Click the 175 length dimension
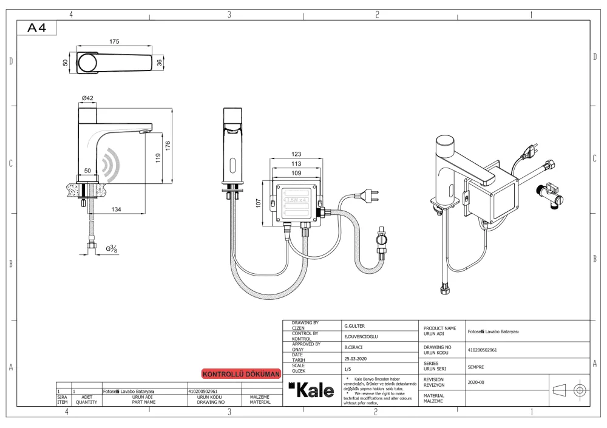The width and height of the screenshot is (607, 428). coord(114,41)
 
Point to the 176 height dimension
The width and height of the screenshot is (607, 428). coord(168,146)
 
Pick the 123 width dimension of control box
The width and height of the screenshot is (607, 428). coord(296,154)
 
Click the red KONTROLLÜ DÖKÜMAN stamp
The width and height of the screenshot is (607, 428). coord(241,374)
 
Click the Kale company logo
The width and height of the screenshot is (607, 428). coord(312,390)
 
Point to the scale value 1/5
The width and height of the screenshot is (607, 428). coord(348,369)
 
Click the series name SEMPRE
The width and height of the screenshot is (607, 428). coord(476,367)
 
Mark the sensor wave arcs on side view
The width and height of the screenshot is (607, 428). coord(111,163)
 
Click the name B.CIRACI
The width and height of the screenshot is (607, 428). coord(355,348)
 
